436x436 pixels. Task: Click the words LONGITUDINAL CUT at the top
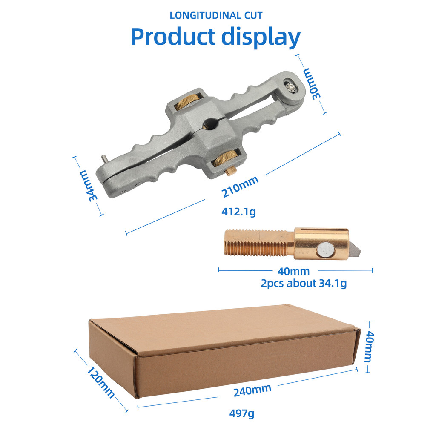click(x=216, y=16)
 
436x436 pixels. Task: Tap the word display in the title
click(x=261, y=37)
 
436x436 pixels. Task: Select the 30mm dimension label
click(x=312, y=83)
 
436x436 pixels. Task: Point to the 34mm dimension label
click(x=89, y=186)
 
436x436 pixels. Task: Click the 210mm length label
click(x=240, y=186)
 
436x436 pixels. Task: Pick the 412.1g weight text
click(x=238, y=212)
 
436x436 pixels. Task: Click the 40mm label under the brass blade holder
click(x=293, y=271)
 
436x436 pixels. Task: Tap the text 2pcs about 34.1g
click(x=304, y=283)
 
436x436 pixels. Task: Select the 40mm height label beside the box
click(x=370, y=346)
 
